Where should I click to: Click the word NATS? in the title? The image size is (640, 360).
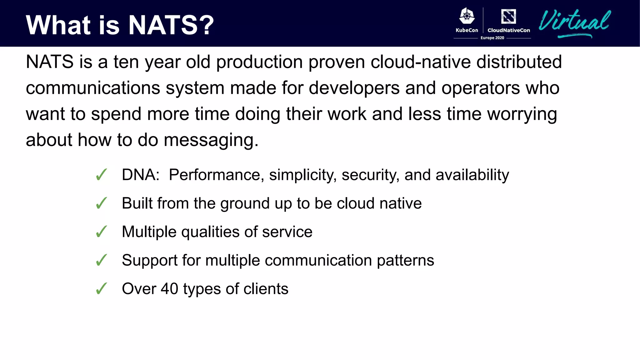171,25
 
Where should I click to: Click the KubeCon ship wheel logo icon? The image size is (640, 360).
467,16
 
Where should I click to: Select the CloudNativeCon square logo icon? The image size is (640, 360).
508,17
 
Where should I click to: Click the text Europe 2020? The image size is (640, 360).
492,38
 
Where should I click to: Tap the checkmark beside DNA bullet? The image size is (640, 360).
102,175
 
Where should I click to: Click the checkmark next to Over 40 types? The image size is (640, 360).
102,288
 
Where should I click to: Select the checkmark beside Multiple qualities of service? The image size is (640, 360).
102,232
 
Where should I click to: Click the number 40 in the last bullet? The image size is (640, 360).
169,288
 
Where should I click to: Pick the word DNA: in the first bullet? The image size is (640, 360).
141,175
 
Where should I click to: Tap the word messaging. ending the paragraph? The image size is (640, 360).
211,140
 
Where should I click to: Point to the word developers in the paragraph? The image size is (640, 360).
354,88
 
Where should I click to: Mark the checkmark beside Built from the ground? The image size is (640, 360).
102,203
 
